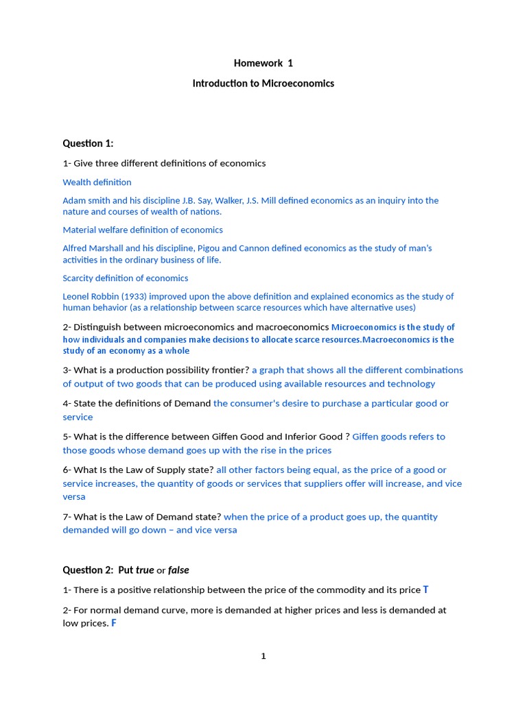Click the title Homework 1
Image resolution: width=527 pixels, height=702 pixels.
point(263,63)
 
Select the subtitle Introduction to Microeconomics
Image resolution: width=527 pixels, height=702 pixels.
point(263,83)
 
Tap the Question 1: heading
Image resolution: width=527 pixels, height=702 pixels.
point(88,143)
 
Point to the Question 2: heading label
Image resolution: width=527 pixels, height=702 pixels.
point(89,570)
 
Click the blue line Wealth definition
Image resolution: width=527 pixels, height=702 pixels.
point(97,182)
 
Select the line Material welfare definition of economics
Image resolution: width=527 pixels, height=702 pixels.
point(143,230)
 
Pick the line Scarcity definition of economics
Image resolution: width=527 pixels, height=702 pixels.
point(125,278)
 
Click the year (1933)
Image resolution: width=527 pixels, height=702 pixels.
point(131,297)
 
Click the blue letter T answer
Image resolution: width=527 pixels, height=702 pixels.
point(425,590)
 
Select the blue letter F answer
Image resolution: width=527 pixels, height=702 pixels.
point(114,623)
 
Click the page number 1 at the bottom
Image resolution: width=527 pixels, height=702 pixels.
point(263,656)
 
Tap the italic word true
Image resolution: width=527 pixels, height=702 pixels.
point(145,570)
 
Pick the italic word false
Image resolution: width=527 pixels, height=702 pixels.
point(178,570)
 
